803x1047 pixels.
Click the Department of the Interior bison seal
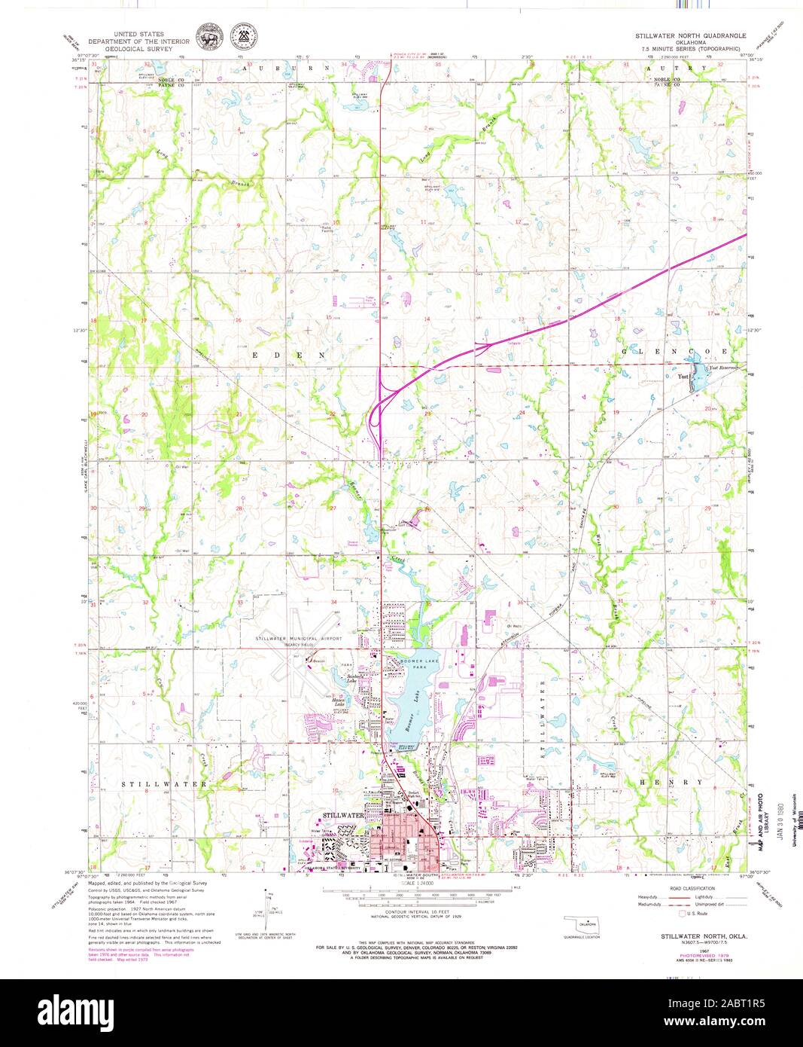pyautogui.click(x=206, y=36)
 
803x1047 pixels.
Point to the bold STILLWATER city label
pyautogui.click(x=343, y=816)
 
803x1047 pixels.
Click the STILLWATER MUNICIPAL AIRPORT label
pyautogui.click(x=299, y=639)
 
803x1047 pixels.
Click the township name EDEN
pyautogui.click(x=288, y=354)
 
